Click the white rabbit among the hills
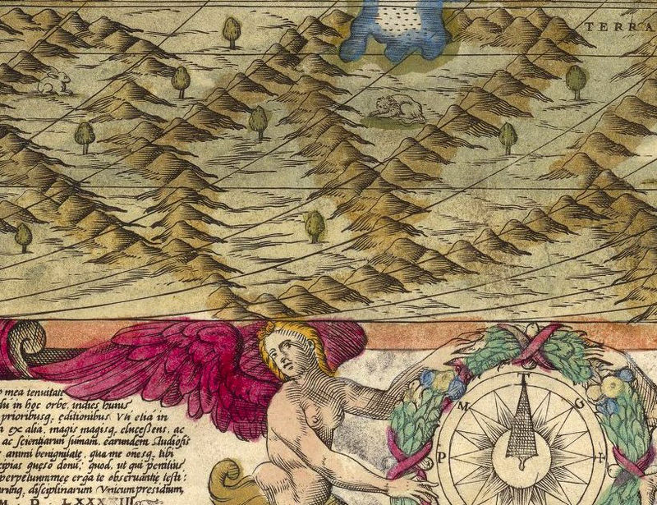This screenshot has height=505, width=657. tap(53, 80)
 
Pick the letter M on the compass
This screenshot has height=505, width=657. tap(464, 407)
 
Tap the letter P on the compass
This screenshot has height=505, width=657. tap(442, 457)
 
